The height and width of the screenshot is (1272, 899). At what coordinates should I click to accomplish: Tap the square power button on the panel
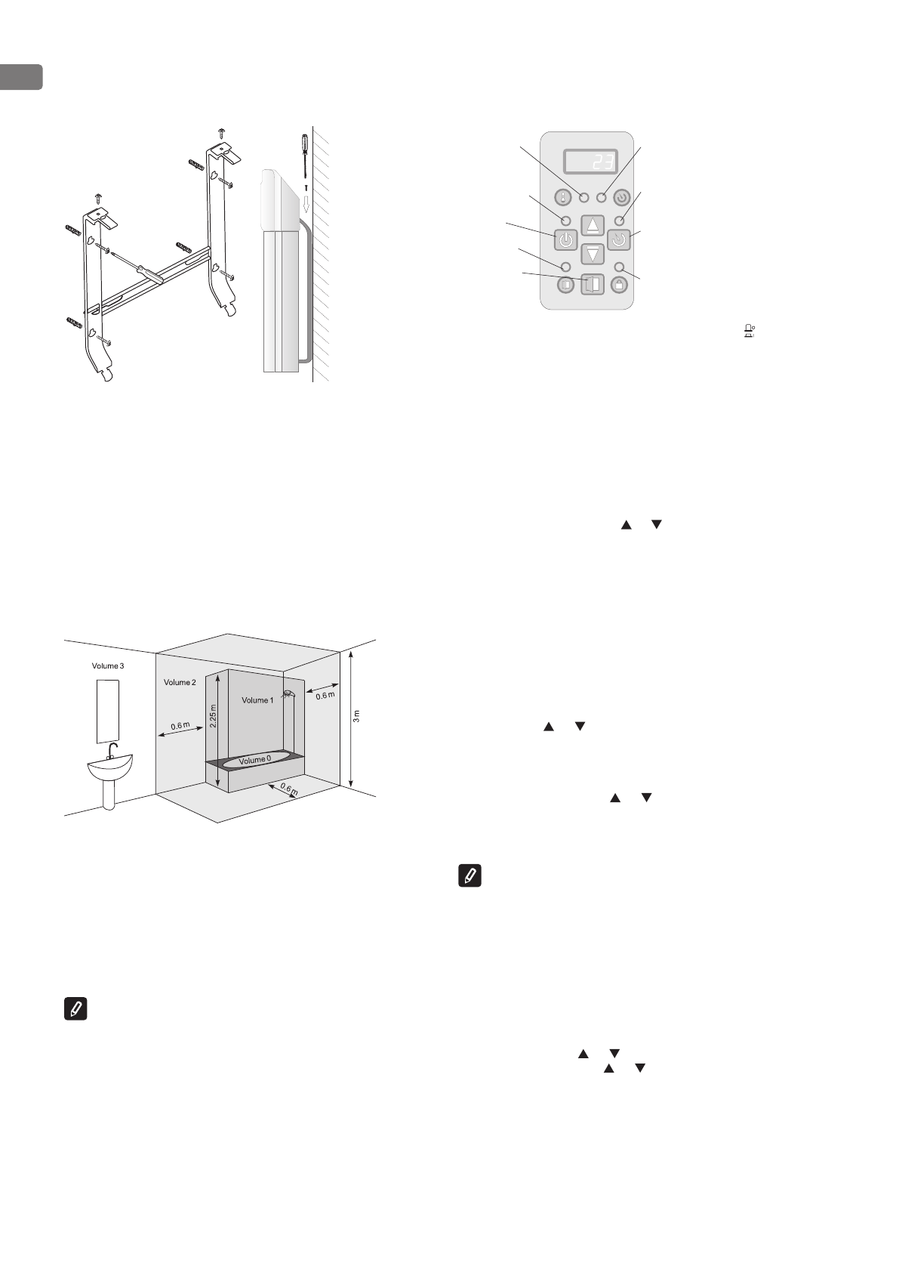coord(566,241)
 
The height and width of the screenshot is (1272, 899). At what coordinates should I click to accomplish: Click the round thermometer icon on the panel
coord(564,199)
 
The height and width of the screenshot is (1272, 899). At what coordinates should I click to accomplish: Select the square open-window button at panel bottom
coord(593,285)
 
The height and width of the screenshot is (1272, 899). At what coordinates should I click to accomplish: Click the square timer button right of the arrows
coord(619,241)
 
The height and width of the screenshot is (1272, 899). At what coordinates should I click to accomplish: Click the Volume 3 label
coord(106,666)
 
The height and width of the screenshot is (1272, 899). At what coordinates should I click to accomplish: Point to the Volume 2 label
coord(180,682)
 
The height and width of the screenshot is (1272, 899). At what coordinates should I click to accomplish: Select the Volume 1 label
coord(257,700)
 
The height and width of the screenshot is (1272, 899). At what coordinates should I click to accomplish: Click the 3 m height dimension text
coord(356,716)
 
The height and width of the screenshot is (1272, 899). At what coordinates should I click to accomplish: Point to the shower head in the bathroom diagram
coord(287,694)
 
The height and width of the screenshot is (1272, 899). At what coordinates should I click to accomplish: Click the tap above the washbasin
coord(112,750)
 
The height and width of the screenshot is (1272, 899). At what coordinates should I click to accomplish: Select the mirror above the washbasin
coord(108,711)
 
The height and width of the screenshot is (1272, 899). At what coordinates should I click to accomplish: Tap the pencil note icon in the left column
coord(75,1009)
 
